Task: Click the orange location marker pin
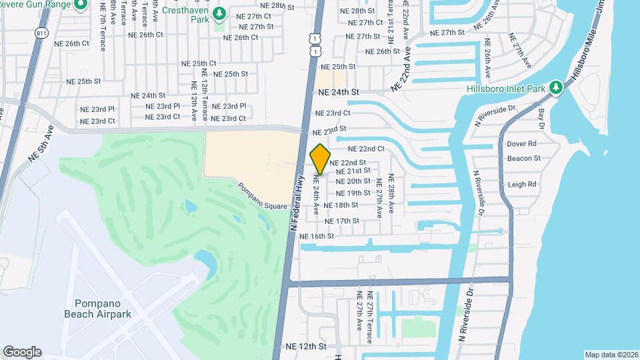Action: (320, 159)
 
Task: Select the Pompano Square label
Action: (263, 193)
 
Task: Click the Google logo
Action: (22, 352)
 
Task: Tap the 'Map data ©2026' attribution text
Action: (611, 355)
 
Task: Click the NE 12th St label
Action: (306, 347)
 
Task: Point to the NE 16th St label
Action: (317, 236)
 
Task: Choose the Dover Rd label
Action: (521, 143)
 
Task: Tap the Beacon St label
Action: (523, 159)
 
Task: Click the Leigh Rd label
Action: (522, 184)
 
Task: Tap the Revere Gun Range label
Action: (39, 5)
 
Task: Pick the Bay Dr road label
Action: (541, 115)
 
